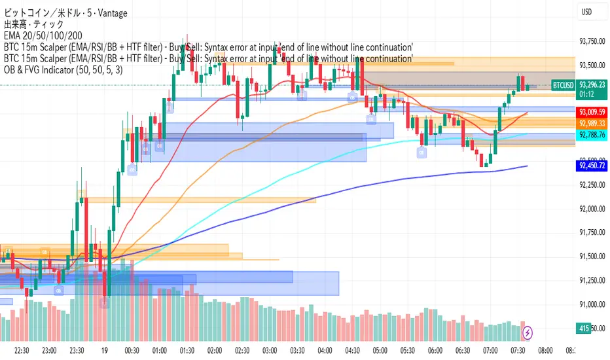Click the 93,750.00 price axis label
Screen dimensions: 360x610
(592, 41)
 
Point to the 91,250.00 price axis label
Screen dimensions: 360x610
(592, 280)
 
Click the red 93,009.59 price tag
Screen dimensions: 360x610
(592, 112)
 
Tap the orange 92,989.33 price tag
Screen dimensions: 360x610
(592, 122)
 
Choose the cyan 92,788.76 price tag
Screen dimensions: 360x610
(592, 134)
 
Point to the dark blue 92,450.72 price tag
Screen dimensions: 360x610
(592, 166)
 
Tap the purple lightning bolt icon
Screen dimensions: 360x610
(526, 332)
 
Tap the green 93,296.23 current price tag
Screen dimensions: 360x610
(592, 84)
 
